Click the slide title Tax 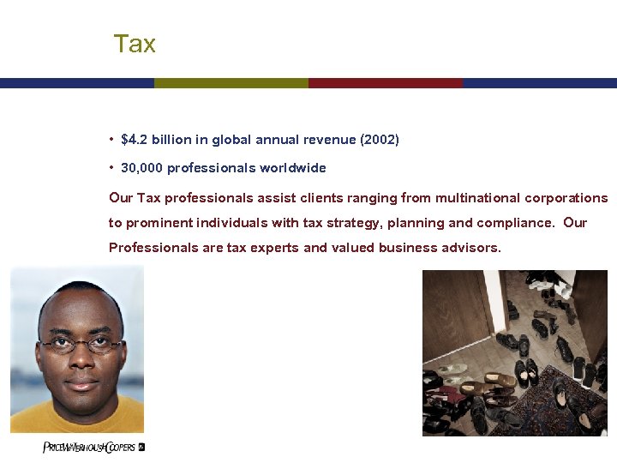click(x=135, y=44)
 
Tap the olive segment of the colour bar click(x=231, y=83)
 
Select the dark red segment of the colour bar click(x=386, y=83)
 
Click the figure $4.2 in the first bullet click(x=135, y=139)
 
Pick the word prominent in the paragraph click(x=159, y=223)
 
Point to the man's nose click(x=81, y=360)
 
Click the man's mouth click(x=81, y=383)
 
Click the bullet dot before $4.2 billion click(x=112, y=139)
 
